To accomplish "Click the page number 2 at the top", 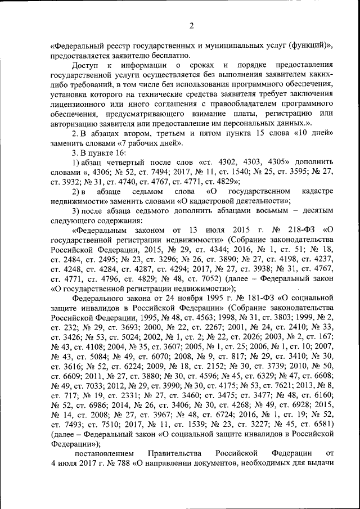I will pyautogui.click(x=191, y=26).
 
